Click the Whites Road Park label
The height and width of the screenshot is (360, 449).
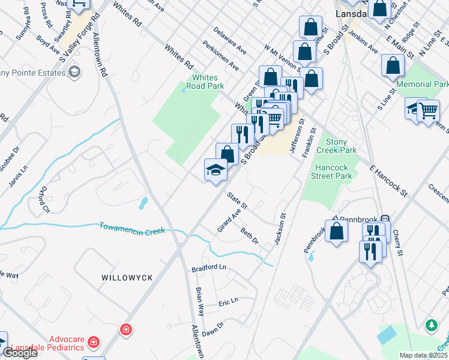tap(208, 82)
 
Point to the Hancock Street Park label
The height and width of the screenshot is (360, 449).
tap(331, 172)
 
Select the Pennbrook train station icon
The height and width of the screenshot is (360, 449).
tap(387, 219)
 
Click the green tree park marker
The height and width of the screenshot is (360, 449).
tap(431, 326)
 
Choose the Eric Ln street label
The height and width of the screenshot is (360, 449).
tap(228, 301)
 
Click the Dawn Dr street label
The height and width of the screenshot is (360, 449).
tap(212, 328)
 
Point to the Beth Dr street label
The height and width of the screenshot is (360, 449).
tap(249, 236)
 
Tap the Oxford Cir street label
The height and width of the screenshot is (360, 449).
tap(43, 200)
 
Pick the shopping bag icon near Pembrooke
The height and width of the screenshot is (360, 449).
tap(336, 232)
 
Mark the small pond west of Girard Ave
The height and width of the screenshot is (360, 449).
tap(143, 203)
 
